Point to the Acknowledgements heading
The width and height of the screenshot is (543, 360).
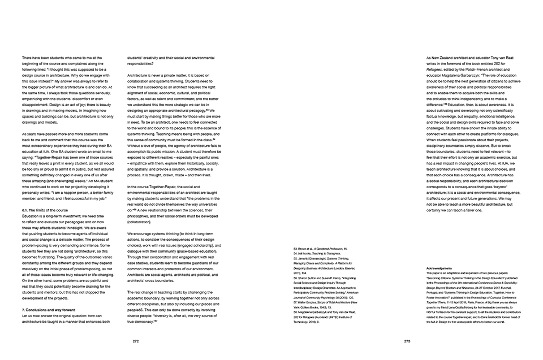pos(441,268)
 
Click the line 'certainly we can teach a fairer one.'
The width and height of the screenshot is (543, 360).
pos(454,211)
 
